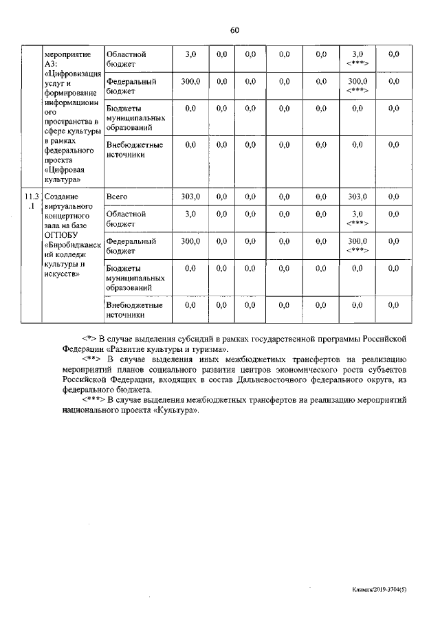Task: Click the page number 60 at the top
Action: click(234, 30)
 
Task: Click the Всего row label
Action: click(118, 197)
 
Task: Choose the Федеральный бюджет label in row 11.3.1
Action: click(131, 246)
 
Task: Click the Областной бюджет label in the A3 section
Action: click(126, 58)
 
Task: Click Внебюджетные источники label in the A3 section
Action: click(135, 150)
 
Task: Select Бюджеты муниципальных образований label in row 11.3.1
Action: click(136, 278)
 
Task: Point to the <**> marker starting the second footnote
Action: click(91, 359)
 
